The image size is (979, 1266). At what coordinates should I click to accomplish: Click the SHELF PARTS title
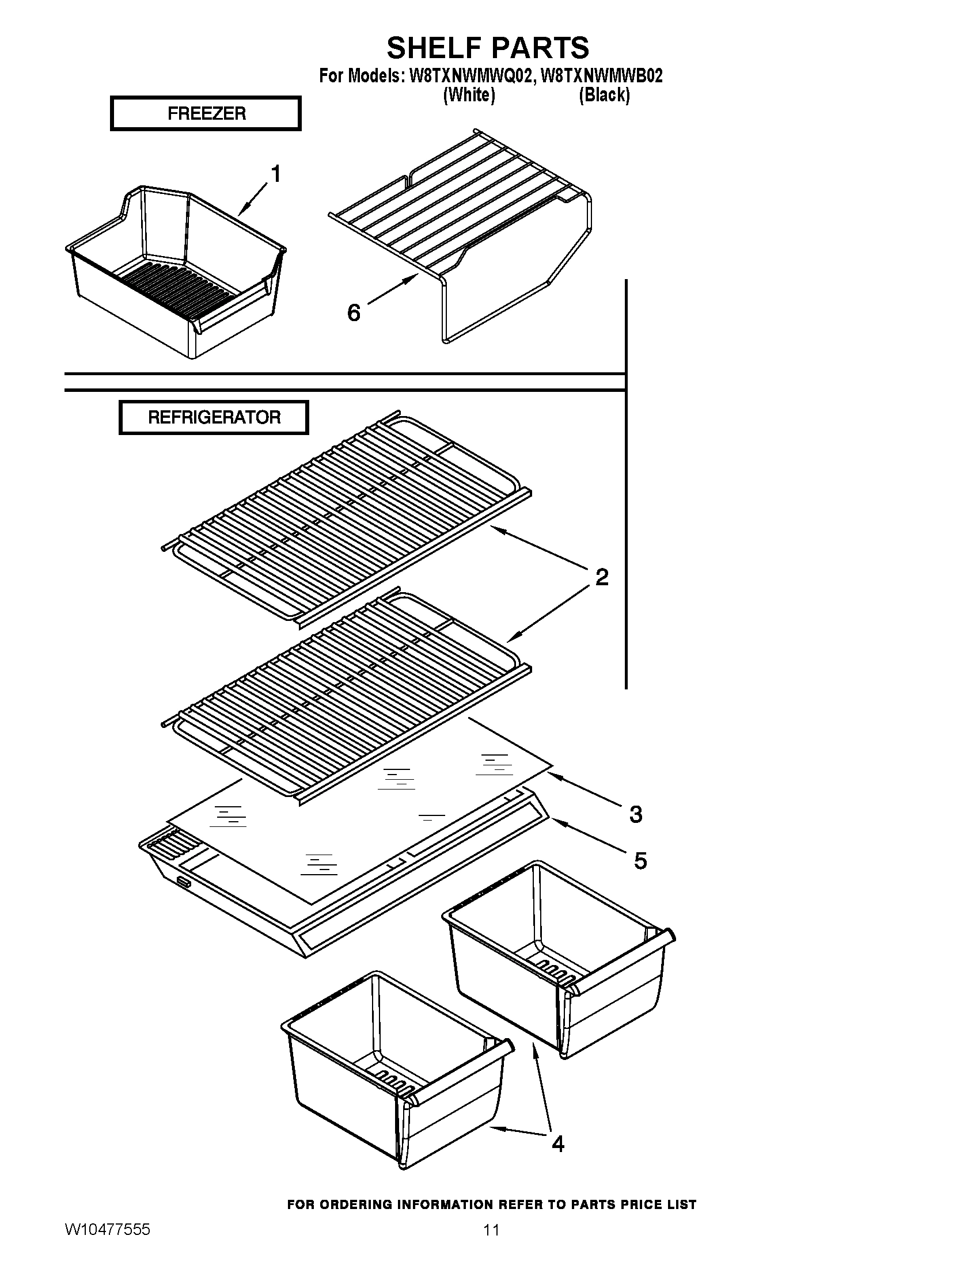pos(488,48)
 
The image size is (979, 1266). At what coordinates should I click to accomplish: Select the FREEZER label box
pos(206,113)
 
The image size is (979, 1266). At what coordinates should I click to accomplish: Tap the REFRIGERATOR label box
pos(214,417)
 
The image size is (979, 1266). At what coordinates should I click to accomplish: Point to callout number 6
pos(353,313)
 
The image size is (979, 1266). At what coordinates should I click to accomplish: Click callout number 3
pos(636,814)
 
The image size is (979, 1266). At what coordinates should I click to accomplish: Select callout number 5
pos(640,861)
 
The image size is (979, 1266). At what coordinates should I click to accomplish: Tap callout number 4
pos(557,1143)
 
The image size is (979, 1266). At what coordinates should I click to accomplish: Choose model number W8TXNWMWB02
pos(601,76)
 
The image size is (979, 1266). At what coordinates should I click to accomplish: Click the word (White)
pos(469,95)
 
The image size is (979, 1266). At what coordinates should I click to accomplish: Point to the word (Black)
pos(604,95)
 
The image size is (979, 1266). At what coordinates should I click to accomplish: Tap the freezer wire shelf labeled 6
pos(458,209)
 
